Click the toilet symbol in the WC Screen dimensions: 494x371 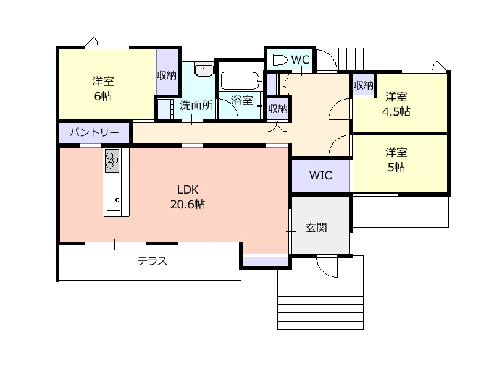pyautogui.click(x=277, y=59)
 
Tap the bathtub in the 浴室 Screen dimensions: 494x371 pyautogui.click(x=240, y=81)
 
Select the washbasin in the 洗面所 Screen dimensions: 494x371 pyautogui.click(x=204, y=69)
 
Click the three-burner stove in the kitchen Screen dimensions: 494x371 pyautogui.click(x=112, y=161)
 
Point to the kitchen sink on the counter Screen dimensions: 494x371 pyautogui.click(x=114, y=200)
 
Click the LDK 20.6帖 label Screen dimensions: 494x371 pyautogui.click(x=188, y=197)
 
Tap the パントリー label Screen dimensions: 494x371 pyautogui.click(x=94, y=132)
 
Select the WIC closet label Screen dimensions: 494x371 pyautogui.click(x=320, y=176)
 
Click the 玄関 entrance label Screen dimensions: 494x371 pyautogui.click(x=316, y=228)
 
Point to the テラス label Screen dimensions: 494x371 pyautogui.click(x=153, y=261)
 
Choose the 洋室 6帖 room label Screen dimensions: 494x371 pyautogui.click(x=103, y=88)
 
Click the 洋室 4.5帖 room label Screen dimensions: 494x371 pyautogui.click(x=396, y=104)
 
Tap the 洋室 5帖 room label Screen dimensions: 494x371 pyautogui.click(x=396, y=160)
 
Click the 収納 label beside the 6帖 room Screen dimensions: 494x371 pyautogui.click(x=167, y=75)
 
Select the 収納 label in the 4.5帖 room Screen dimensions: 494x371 pyautogui.click(x=364, y=85)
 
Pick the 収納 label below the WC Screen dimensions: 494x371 pyautogui.click(x=278, y=109)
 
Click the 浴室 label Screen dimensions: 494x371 pyautogui.click(x=241, y=100)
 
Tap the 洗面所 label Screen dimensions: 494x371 pyautogui.click(x=196, y=105)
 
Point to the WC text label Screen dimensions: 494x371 pyautogui.click(x=300, y=59)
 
